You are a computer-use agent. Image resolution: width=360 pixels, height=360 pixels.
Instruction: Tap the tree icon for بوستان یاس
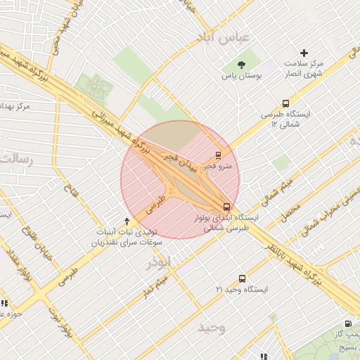coord(242,64)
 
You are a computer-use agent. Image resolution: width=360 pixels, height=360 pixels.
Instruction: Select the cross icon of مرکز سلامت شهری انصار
coord(304,53)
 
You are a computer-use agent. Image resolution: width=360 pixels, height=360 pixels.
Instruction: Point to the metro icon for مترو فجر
coord(218,156)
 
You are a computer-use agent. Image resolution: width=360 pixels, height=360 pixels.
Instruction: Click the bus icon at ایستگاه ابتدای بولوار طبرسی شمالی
coord(226,207)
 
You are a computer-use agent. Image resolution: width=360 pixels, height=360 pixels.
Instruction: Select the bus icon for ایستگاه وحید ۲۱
coord(243,278)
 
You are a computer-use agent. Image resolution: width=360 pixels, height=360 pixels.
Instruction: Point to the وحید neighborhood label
coord(211,328)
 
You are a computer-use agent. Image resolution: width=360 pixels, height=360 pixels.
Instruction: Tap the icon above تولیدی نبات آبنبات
coord(127,221)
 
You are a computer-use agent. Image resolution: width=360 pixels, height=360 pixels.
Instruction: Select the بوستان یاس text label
coord(242,75)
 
